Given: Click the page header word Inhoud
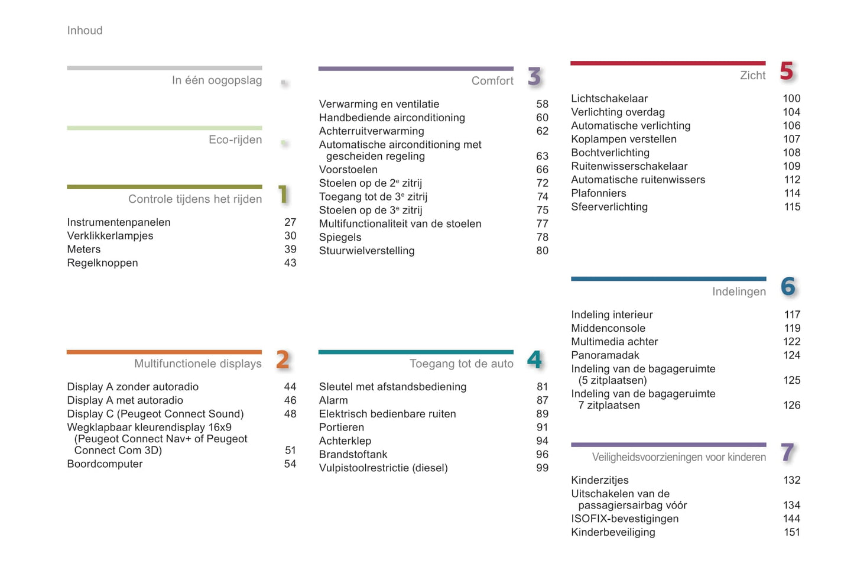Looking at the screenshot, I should tap(85, 31).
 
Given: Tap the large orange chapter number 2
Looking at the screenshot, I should tap(282, 360).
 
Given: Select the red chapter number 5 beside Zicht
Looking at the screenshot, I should tap(786, 72).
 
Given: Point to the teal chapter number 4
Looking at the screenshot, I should tap(534, 360).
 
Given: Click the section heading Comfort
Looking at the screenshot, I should tap(492, 81).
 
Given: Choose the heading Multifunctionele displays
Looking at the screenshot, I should tap(197, 364).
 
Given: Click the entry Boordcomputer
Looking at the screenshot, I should tap(105, 464).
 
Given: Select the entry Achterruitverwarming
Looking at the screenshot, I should tap(371, 131).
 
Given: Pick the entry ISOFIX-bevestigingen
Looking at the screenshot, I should tap(625, 519).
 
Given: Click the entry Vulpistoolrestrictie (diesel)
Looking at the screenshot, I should tap(383, 468).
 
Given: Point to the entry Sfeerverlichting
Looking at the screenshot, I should tap(609, 207).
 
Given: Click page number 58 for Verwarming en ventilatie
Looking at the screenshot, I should tap(542, 104).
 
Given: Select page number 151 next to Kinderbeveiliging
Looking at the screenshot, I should tap(791, 532).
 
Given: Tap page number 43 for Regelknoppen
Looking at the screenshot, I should tap(290, 263).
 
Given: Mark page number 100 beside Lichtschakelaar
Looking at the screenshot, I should tap(791, 99).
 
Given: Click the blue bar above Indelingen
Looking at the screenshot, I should tap(668, 279).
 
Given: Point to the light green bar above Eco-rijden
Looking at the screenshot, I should tap(164, 128).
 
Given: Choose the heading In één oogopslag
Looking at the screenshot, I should tap(216, 80).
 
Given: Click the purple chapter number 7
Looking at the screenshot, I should tap(787, 452).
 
